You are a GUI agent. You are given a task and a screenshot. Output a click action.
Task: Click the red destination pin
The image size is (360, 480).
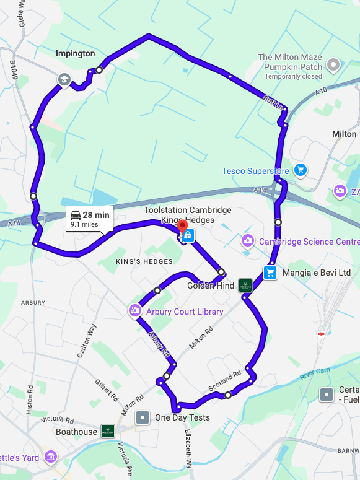(x=182, y=227)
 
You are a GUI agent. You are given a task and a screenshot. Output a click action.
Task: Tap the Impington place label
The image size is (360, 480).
(x=76, y=54)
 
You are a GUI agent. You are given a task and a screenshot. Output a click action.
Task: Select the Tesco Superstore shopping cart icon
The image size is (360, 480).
(x=301, y=169)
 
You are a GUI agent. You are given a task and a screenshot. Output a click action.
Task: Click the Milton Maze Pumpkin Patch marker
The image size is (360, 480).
(x=334, y=64)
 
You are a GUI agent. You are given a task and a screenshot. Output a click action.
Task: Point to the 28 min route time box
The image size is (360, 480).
(x=90, y=219)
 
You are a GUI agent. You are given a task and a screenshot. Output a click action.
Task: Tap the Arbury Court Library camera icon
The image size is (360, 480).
(x=134, y=311)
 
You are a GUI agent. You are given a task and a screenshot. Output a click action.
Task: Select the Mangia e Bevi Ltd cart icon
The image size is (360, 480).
(x=270, y=273)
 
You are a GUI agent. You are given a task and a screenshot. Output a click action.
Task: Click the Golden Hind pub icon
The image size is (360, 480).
(x=245, y=286)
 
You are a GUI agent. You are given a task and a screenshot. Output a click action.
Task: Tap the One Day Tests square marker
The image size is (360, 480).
(x=143, y=417)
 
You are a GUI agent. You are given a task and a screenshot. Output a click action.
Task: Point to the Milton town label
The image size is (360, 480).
(x=344, y=134)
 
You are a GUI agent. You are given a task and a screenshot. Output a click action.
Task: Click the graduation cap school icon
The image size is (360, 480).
(x=64, y=79)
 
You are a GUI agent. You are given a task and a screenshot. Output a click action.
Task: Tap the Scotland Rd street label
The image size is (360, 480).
(x=224, y=382)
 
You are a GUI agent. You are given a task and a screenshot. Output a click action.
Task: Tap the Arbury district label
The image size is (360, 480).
(x=33, y=303)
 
